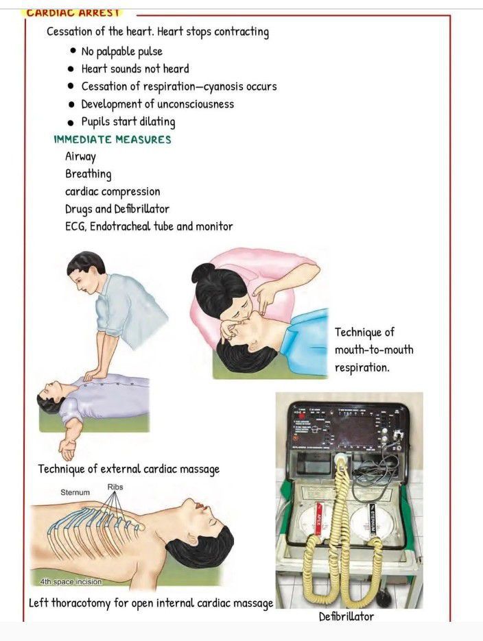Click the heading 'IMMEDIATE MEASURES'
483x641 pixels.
click(113, 139)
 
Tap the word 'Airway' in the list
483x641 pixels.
click(80, 156)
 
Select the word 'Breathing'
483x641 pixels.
click(89, 173)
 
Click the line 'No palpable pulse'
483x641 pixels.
click(122, 51)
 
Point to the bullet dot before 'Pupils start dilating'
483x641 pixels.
click(71, 122)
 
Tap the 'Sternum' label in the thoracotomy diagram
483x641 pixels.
click(75, 493)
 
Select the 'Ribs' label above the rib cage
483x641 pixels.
click(115, 487)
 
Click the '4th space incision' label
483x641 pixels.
click(71, 581)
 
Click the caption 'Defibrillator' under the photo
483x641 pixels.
click(346, 616)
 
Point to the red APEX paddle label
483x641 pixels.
click(318, 519)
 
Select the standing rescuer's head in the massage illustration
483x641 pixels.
click(86, 271)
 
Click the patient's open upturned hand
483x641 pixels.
click(67, 450)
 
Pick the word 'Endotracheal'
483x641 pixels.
click(120, 226)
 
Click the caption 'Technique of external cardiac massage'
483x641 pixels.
click(129, 470)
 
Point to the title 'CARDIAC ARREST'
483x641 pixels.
click(73, 12)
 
